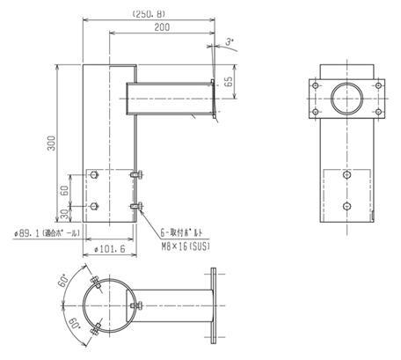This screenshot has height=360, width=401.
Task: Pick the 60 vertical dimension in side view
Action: pyautogui.click(x=64, y=188)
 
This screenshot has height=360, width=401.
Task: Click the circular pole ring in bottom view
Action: pyautogui.click(x=113, y=304)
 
